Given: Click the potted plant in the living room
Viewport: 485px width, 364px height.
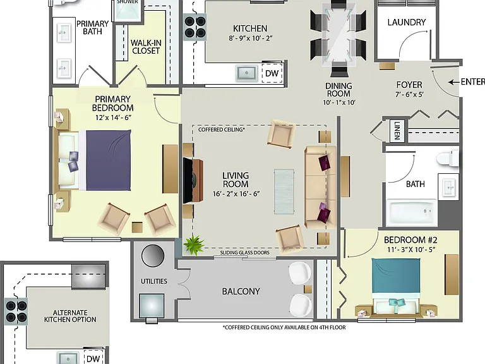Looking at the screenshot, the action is [194, 245].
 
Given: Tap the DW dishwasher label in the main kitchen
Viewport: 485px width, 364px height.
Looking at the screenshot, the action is [272, 73].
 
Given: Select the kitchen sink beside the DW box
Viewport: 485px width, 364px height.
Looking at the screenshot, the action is [246, 73].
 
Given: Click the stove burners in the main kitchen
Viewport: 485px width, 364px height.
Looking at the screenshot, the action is [195, 27].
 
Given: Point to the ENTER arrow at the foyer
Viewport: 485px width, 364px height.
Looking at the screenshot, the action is [453, 82].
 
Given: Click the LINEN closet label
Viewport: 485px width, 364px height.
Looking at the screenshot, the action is [397, 131].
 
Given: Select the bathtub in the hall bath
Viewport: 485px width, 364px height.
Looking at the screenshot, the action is [412, 212].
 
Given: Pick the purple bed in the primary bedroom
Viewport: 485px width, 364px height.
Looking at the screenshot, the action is [105, 161].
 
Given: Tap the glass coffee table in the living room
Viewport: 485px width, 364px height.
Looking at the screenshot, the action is [284, 191].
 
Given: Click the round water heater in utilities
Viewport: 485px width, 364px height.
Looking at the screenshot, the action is [153, 256].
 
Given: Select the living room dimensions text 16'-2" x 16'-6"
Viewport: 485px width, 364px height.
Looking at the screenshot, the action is [236, 194].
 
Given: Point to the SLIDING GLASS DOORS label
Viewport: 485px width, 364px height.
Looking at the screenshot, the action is [244, 253].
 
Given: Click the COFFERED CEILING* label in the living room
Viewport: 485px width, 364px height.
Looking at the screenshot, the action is [222, 130].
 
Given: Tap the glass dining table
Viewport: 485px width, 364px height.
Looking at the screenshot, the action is [338, 35].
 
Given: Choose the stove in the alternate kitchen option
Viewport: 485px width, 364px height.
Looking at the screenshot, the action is [16, 312].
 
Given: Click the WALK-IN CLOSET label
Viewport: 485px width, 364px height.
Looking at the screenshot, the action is [146, 47].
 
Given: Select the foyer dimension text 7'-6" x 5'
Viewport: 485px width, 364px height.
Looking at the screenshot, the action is [409, 94].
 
